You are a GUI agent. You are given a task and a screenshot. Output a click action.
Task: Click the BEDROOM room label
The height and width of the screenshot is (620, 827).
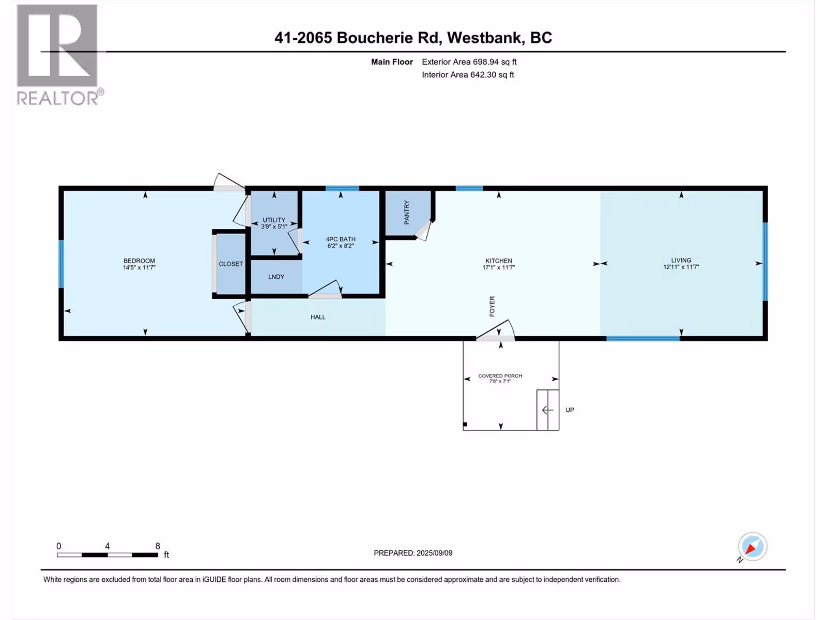coord(139,260)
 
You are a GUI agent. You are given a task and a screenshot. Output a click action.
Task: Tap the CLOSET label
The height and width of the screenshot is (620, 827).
coord(231,264)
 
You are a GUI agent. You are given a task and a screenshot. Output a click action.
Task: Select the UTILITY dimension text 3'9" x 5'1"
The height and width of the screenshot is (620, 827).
coord(274,227)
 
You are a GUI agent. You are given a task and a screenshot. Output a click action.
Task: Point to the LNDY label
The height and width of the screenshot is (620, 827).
coord(276,277)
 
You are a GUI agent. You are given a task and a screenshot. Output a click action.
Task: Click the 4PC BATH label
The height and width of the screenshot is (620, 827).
coord(341,239)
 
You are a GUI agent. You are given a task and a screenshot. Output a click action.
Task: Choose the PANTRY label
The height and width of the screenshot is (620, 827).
coord(407,212)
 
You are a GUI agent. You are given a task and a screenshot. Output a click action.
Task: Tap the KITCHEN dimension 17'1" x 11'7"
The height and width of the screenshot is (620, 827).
coord(498,268)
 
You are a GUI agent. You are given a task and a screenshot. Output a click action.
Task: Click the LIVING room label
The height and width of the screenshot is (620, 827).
coord(681,260)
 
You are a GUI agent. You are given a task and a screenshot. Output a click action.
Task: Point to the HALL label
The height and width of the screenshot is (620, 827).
coord(317,317)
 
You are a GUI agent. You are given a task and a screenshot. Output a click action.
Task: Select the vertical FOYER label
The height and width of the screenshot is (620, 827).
coord(492,306)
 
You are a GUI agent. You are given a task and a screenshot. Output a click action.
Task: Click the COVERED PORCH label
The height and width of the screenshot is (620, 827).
coord(500,376)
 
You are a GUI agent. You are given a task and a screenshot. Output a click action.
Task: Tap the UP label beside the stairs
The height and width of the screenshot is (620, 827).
coord(569,410)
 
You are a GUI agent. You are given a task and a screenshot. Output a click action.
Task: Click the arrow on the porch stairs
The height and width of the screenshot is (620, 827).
coord(547,410)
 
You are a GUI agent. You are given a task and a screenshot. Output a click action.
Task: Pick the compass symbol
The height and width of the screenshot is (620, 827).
coord(752,547)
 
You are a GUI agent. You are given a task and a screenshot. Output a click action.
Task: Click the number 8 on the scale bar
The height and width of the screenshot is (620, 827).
coord(158,546)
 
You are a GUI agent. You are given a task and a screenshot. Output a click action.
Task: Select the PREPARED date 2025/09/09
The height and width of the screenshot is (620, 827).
coord(434,553)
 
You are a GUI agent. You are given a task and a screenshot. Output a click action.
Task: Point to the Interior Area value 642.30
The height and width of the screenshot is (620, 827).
coord(483,74)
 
